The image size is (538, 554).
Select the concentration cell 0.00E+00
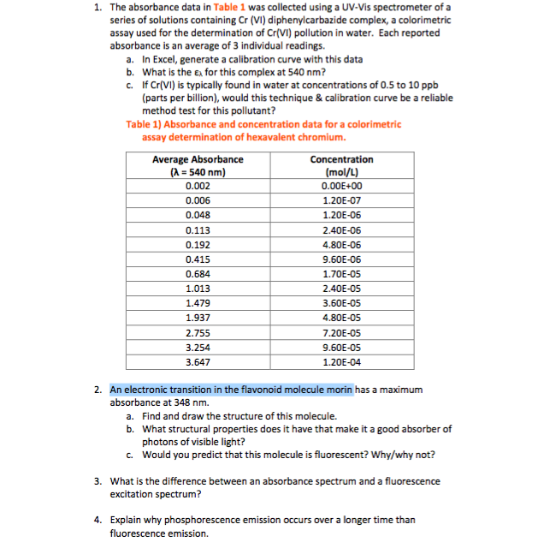[x=341, y=186]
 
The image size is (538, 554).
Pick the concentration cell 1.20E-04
[x=341, y=362]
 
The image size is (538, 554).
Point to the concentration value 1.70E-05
[x=341, y=274]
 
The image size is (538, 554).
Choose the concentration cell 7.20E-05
[x=341, y=332]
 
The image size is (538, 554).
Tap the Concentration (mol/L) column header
[x=341, y=165]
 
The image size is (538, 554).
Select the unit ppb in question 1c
[x=445, y=86]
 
